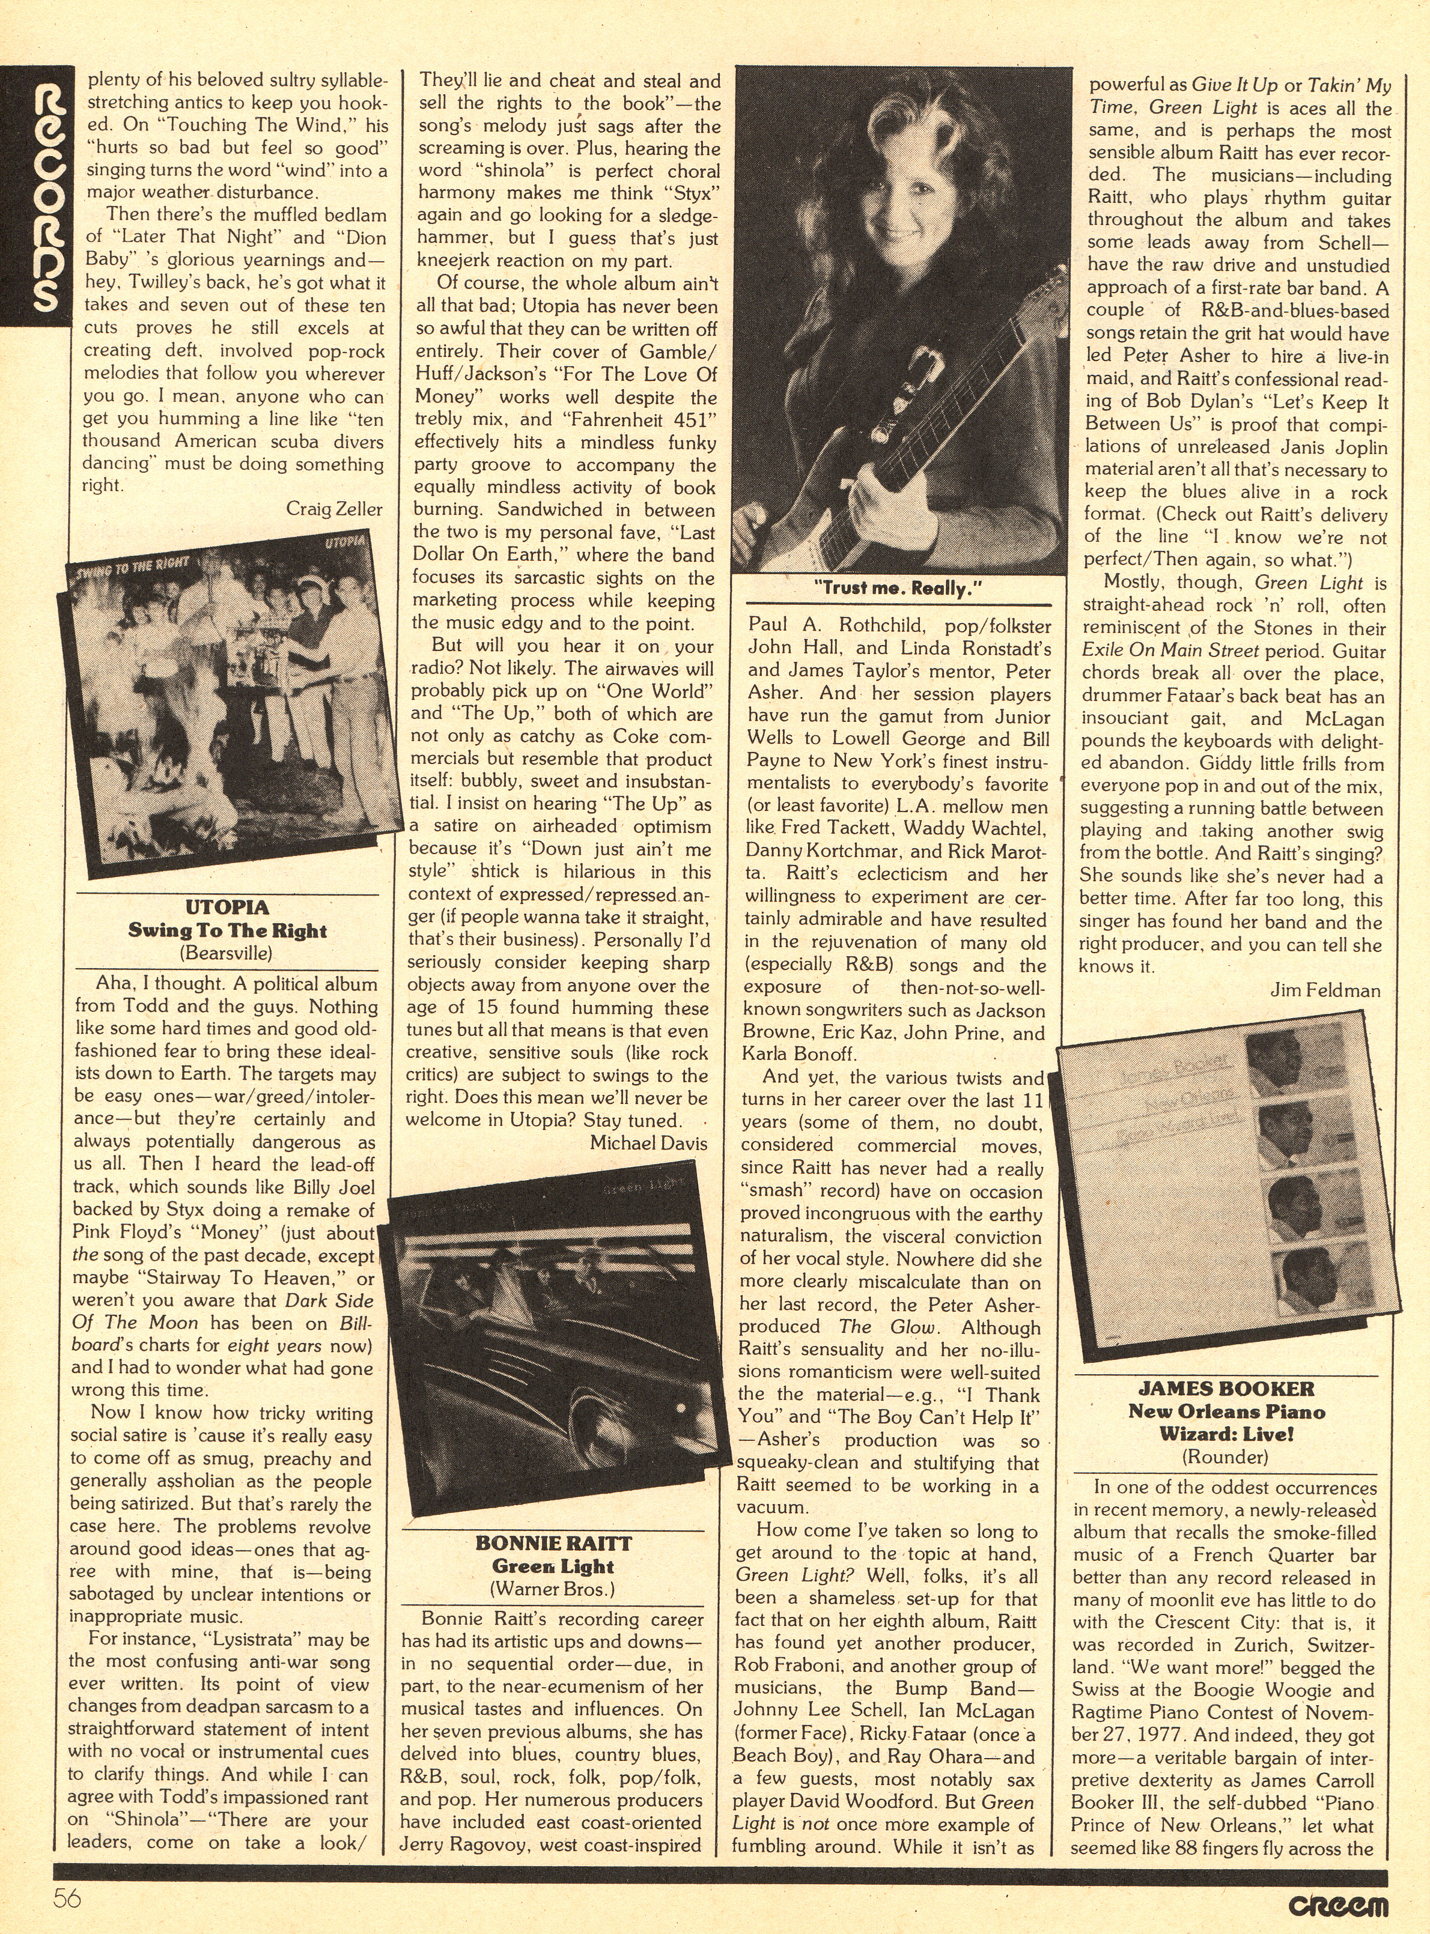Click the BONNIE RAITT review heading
pyautogui.click(x=553, y=1543)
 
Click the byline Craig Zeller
pyautogui.click(x=334, y=509)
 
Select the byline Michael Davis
pyautogui.click(x=648, y=1142)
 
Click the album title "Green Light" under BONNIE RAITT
pyautogui.click(x=553, y=1566)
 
